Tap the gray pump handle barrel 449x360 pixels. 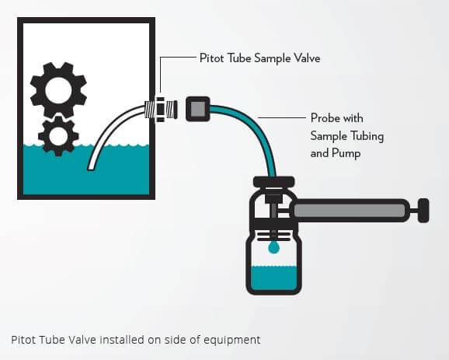tap(350, 210)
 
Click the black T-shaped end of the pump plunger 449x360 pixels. tap(423, 210)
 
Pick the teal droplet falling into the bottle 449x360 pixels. tap(273, 247)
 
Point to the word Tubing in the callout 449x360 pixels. tap(366, 136)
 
